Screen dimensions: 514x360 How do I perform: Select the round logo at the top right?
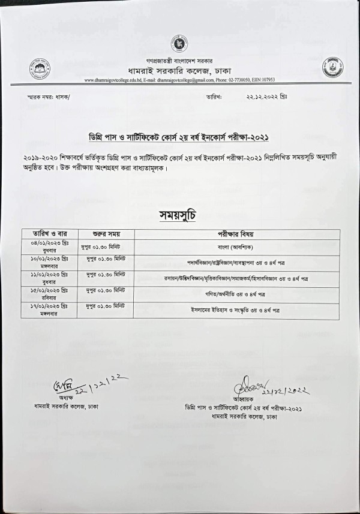(x=332, y=67)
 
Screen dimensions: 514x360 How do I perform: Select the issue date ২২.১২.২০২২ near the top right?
(x=266, y=96)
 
